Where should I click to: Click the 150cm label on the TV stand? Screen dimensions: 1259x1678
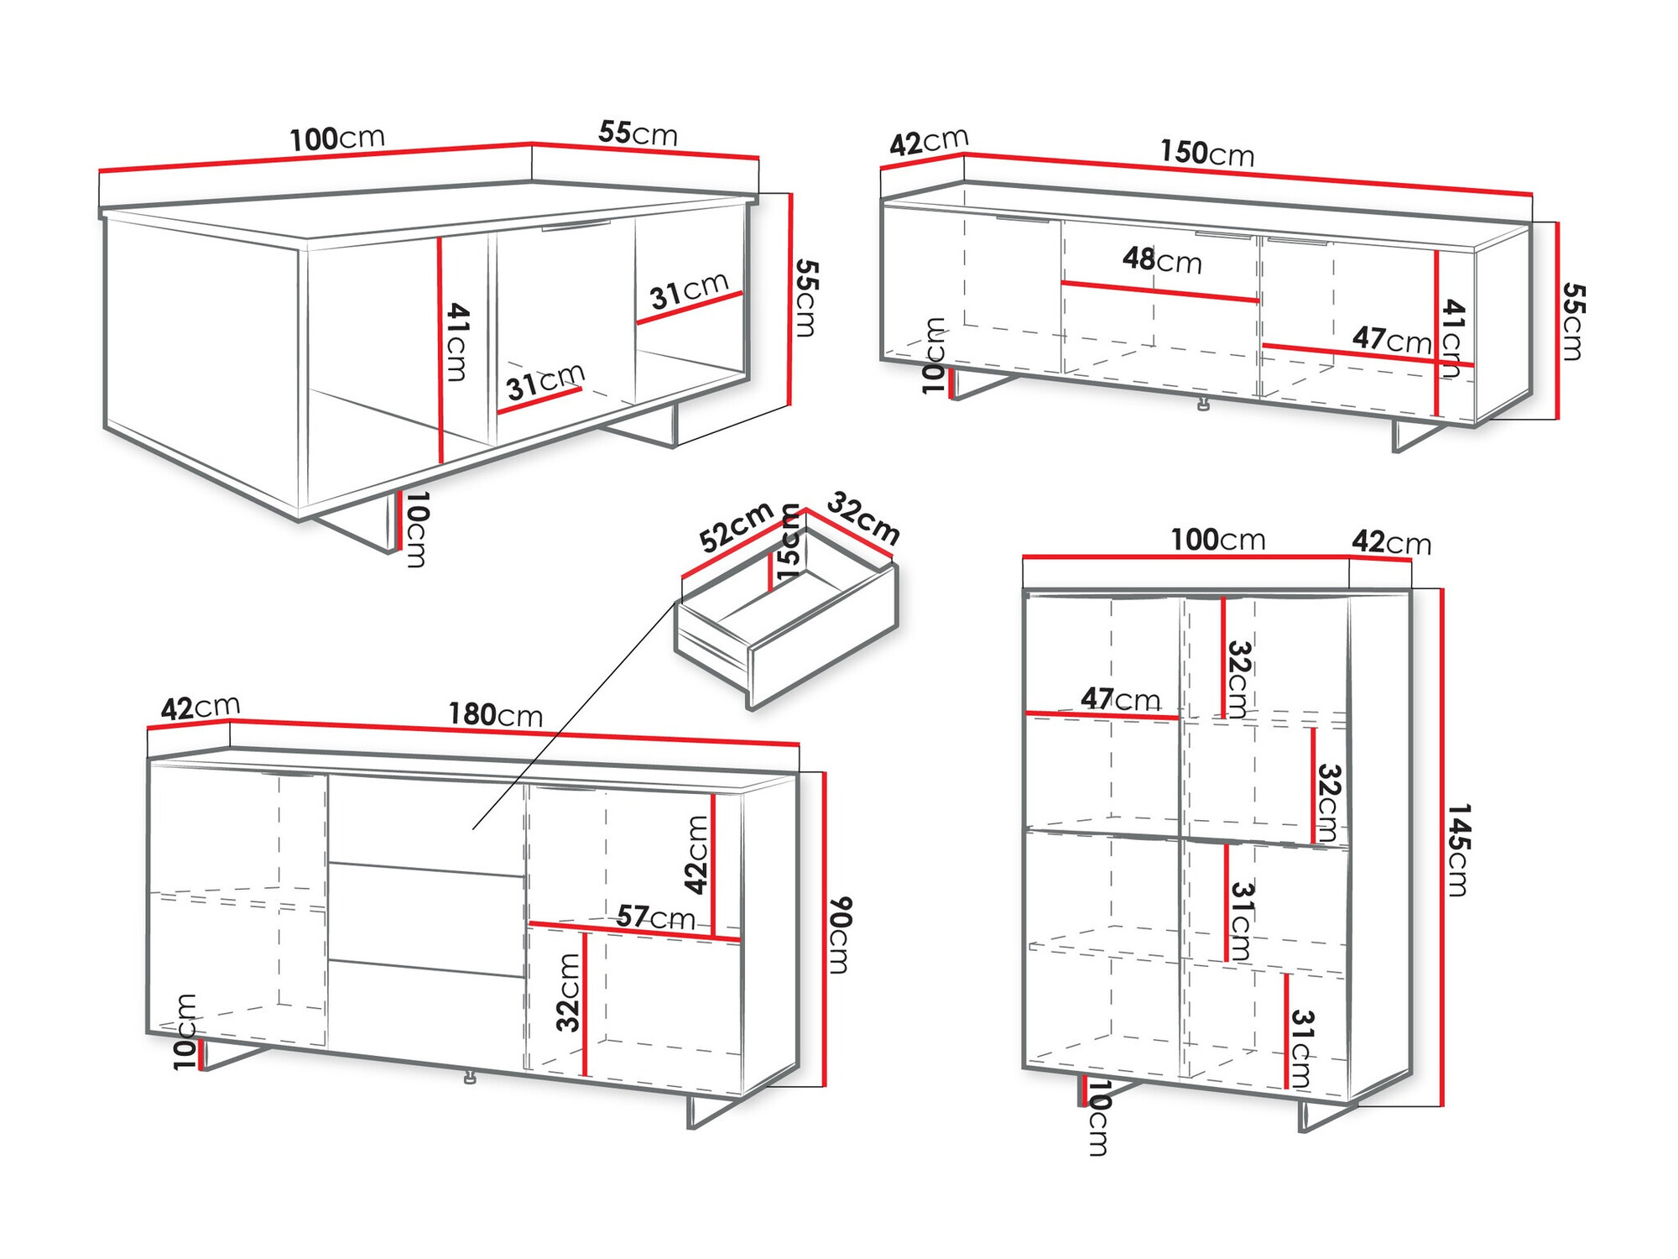[x=1206, y=153]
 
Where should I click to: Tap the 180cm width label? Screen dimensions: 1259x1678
[x=495, y=714]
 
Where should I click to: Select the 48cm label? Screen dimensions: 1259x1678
[x=1162, y=260]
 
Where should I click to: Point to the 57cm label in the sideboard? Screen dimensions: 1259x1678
[x=655, y=917]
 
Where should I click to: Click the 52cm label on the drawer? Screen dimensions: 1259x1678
[x=736, y=527]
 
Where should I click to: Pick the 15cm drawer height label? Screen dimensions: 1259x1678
[x=789, y=542]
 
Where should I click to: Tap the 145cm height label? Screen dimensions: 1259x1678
[x=1458, y=849]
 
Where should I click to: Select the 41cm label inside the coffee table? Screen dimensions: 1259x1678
[x=457, y=342]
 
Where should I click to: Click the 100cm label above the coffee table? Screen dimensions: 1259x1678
[x=336, y=138]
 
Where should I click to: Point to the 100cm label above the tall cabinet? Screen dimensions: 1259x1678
[x=1217, y=540]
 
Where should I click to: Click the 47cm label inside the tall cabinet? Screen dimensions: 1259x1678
[x=1120, y=698]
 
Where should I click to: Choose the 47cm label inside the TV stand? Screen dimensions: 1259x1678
[x=1391, y=339]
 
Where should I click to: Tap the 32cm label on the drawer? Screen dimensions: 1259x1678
[x=863, y=518]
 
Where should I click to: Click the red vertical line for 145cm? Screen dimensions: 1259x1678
[x=1442, y=848]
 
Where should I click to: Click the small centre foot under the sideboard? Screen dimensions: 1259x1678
[x=470, y=1077]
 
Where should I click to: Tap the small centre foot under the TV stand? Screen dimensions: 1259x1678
[x=1204, y=405]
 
